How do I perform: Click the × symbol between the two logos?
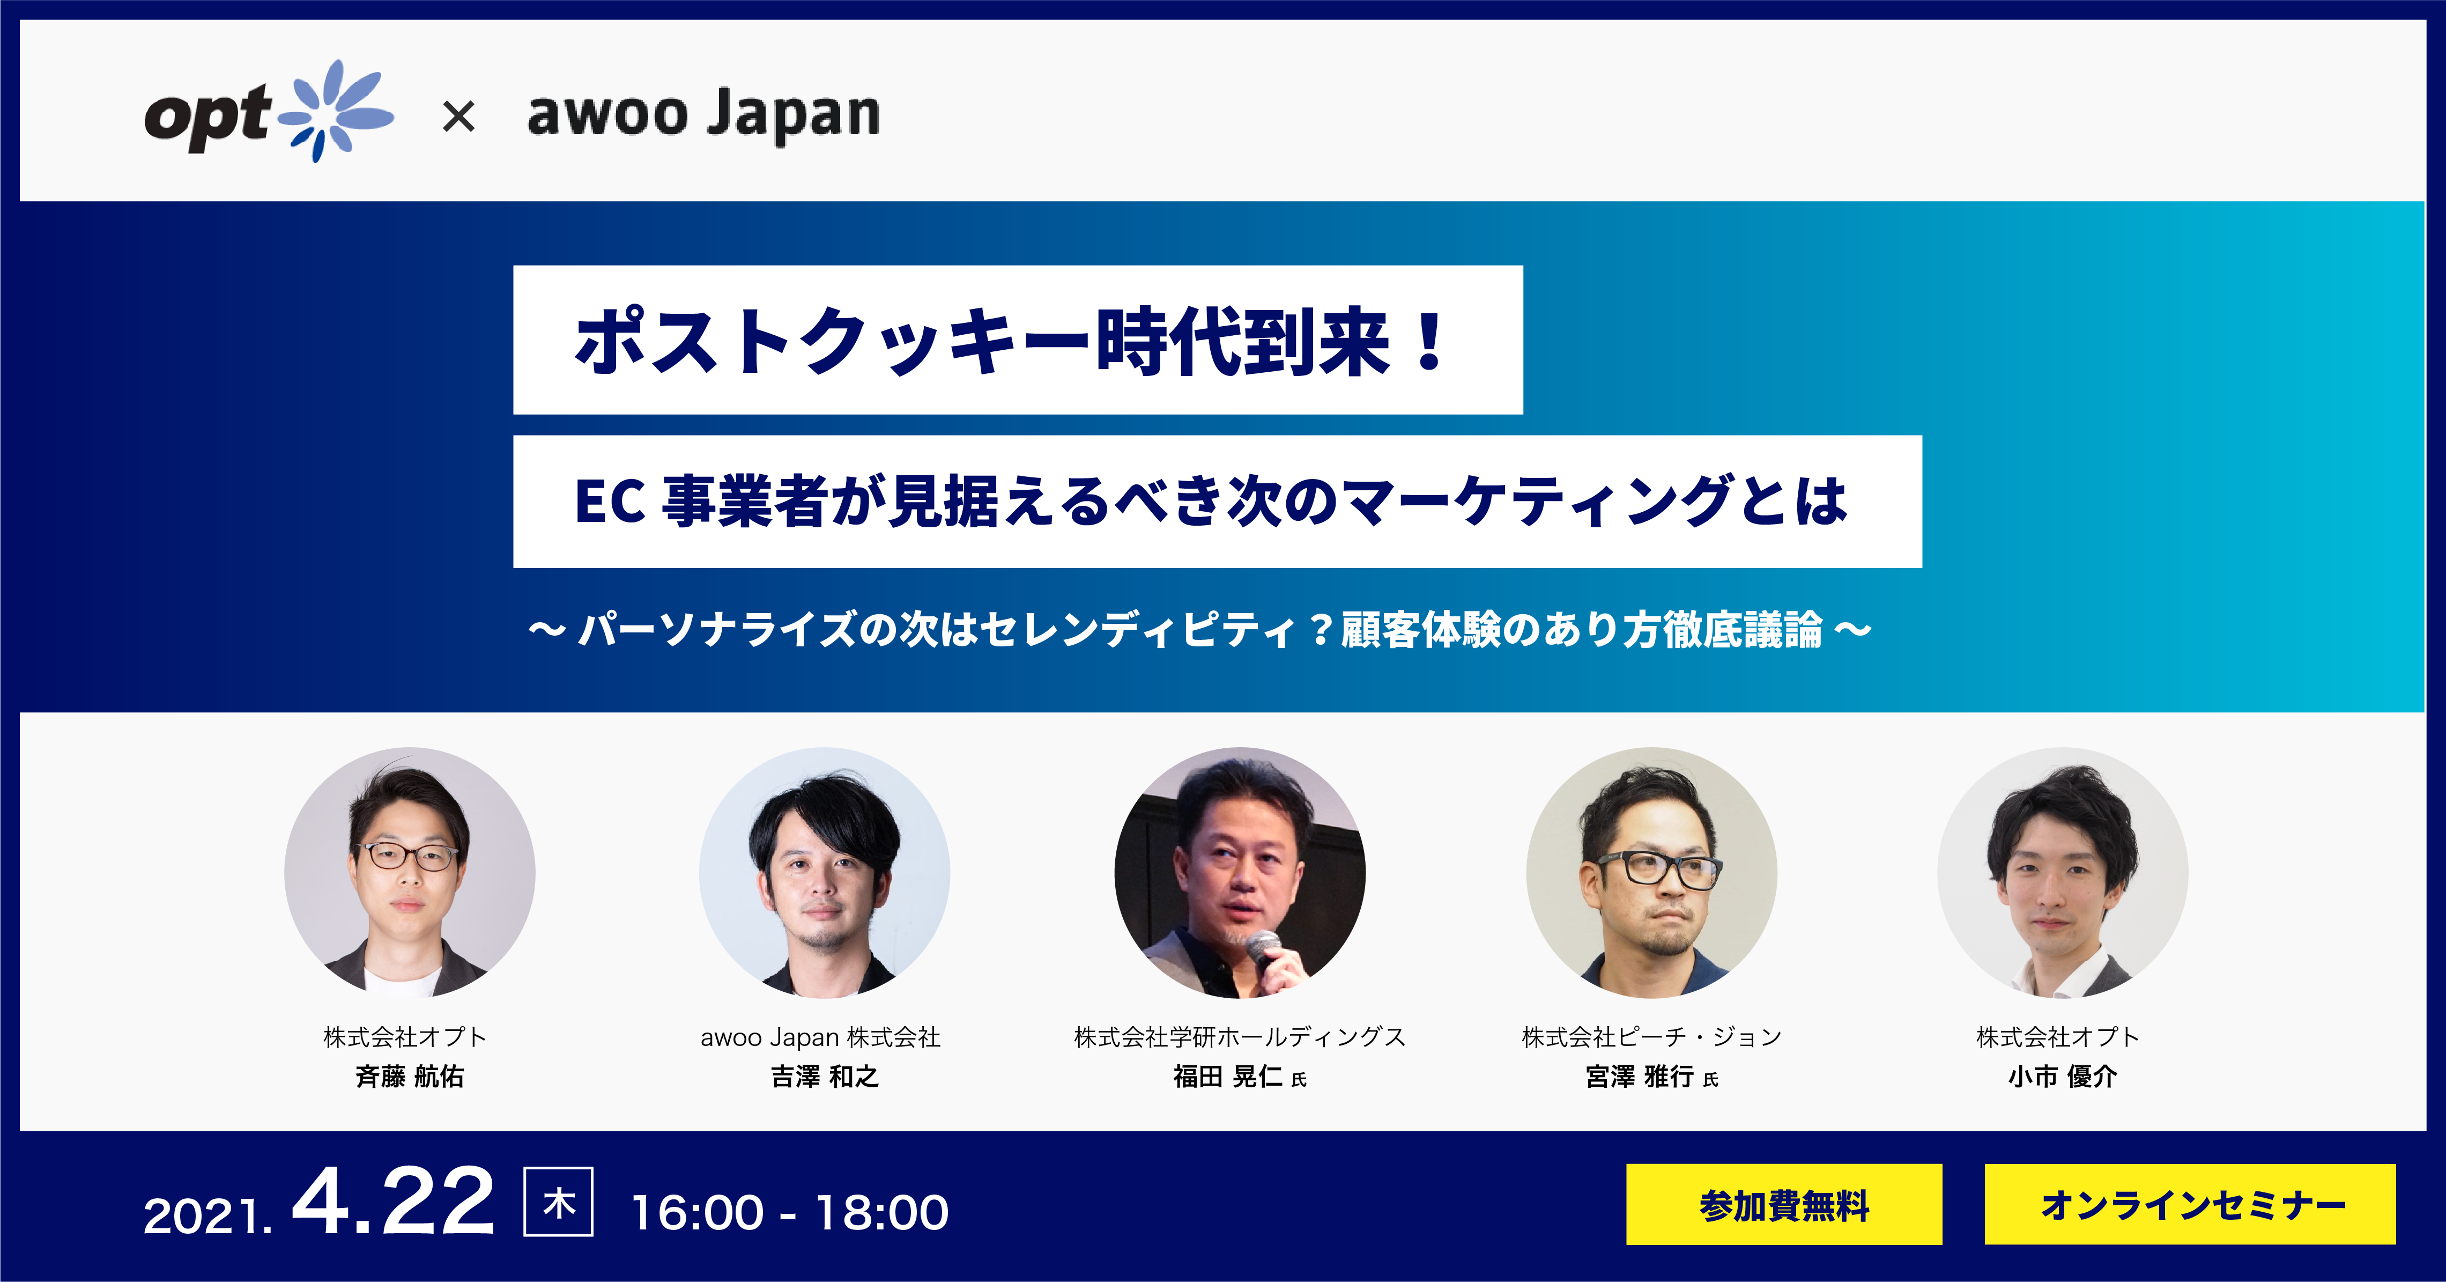[458, 118]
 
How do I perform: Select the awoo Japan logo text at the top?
[703, 116]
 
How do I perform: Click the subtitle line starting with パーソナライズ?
[1200, 630]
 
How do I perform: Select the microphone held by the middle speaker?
[1266, 949]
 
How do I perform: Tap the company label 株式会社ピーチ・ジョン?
[1651, 1037]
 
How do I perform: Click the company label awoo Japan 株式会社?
[820, 1037]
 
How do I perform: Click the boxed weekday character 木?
[558, 1202]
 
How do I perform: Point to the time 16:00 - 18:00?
[790, 1213]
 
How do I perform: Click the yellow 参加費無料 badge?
[1784, 1204]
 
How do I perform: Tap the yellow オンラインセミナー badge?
[2190, 1204]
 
